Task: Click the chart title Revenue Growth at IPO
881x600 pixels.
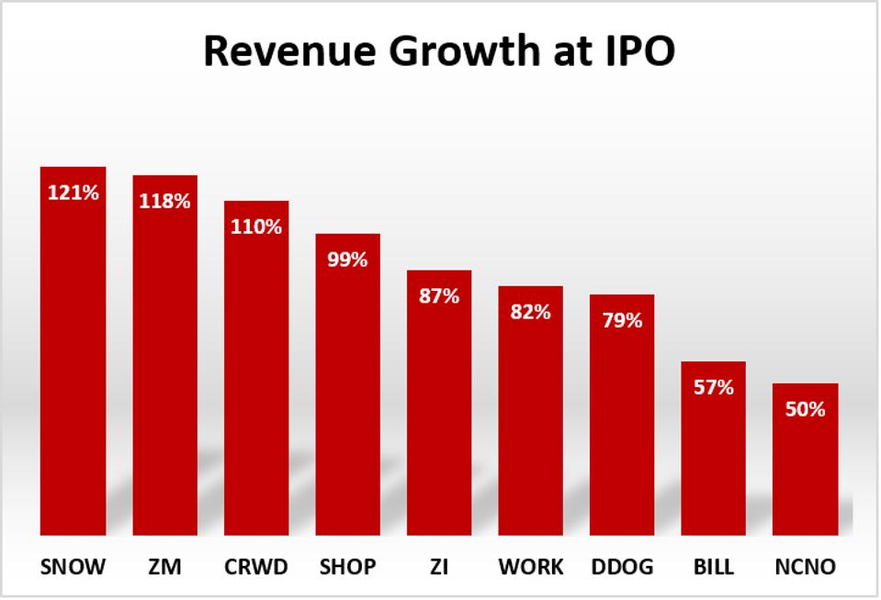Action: coord(439,51)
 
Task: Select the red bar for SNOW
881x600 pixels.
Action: coord(73,367)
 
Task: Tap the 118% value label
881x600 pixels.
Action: coord(164,201)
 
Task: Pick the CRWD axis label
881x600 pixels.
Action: coord(256,568)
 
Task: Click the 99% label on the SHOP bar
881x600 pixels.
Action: coord(347,260)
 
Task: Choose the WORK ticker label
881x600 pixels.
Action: coord(530,568)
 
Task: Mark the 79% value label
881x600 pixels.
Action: coord(622,321)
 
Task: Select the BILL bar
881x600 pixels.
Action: coord(713,459)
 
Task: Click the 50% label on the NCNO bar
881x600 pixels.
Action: coord(805,409)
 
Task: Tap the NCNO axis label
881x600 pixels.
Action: coord(805,568)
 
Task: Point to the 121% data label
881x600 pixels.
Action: coord(73,194)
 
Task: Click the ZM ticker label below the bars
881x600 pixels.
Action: coord(164,568)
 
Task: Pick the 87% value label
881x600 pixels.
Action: coord(439,296)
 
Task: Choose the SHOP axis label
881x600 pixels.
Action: coord(347,568)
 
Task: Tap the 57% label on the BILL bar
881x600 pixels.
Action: coord(713,387)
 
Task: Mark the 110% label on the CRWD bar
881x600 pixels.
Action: coord(256,227)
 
